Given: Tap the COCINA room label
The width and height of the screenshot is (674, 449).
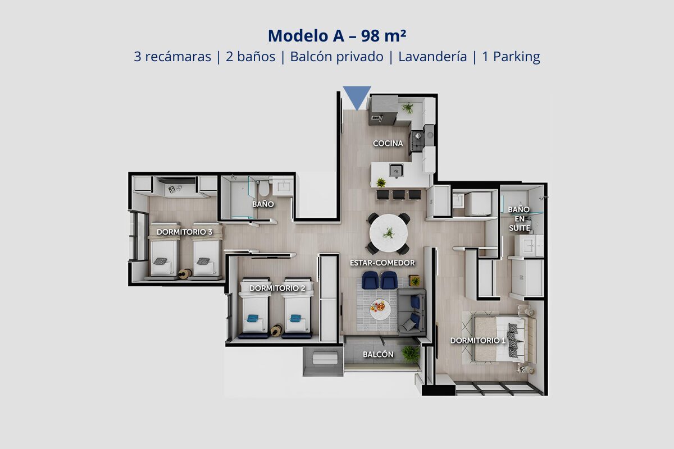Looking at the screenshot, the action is (x=388, y=144).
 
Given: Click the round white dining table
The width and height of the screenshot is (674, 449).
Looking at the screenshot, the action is (x=389, y=233).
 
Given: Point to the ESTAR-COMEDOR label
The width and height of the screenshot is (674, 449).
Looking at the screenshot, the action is (x=382, y=263).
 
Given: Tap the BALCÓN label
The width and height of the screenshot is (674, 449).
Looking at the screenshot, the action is (x=378, y=354).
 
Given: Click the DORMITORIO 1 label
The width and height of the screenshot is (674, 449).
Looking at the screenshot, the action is (x=477, y=341).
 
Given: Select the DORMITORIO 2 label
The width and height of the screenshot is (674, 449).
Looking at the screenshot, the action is (x=277, y=288).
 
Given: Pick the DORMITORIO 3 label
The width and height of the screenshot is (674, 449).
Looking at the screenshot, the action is (x=184, y=232).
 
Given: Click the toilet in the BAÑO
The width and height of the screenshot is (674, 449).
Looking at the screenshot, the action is (x=264, y=187).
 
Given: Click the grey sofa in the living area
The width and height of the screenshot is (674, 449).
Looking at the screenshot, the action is (x=411, y=312).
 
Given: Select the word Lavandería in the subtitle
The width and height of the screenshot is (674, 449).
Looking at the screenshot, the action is (x=432, y=57).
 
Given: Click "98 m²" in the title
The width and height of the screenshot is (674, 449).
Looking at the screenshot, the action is (x=384, y=35).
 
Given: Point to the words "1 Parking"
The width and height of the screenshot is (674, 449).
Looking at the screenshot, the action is (x=511, y=57).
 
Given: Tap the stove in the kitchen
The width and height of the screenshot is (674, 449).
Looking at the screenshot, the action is (x=417, y=141).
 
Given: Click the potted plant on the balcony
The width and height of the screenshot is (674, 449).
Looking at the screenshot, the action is (x=410, y=354).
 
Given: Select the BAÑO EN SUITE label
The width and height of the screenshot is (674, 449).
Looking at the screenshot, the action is (x=519, y=219).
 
